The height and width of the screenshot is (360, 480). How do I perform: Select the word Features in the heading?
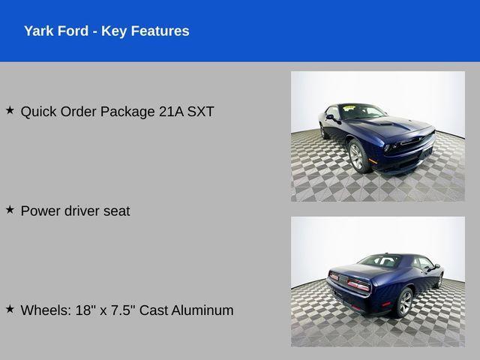click(x=159, y=31)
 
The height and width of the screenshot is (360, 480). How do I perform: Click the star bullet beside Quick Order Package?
click(x=10, y=110)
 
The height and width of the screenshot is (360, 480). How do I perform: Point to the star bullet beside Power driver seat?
click(x=10, y=209)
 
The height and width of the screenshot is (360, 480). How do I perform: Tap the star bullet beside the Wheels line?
click(x=10, y=308)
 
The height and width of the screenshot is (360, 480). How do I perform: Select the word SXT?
click(x=200, y=112)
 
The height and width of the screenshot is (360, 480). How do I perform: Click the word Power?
click(x=40, y=211)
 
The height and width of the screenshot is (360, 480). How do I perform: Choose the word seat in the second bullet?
click(x=115, y=211)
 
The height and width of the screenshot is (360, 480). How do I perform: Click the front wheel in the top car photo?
click(x=357, y=157)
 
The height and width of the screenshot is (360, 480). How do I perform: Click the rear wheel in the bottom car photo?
click(x=404, y=301)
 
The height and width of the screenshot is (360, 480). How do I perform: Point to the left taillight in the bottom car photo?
click(x=334, y=277)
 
